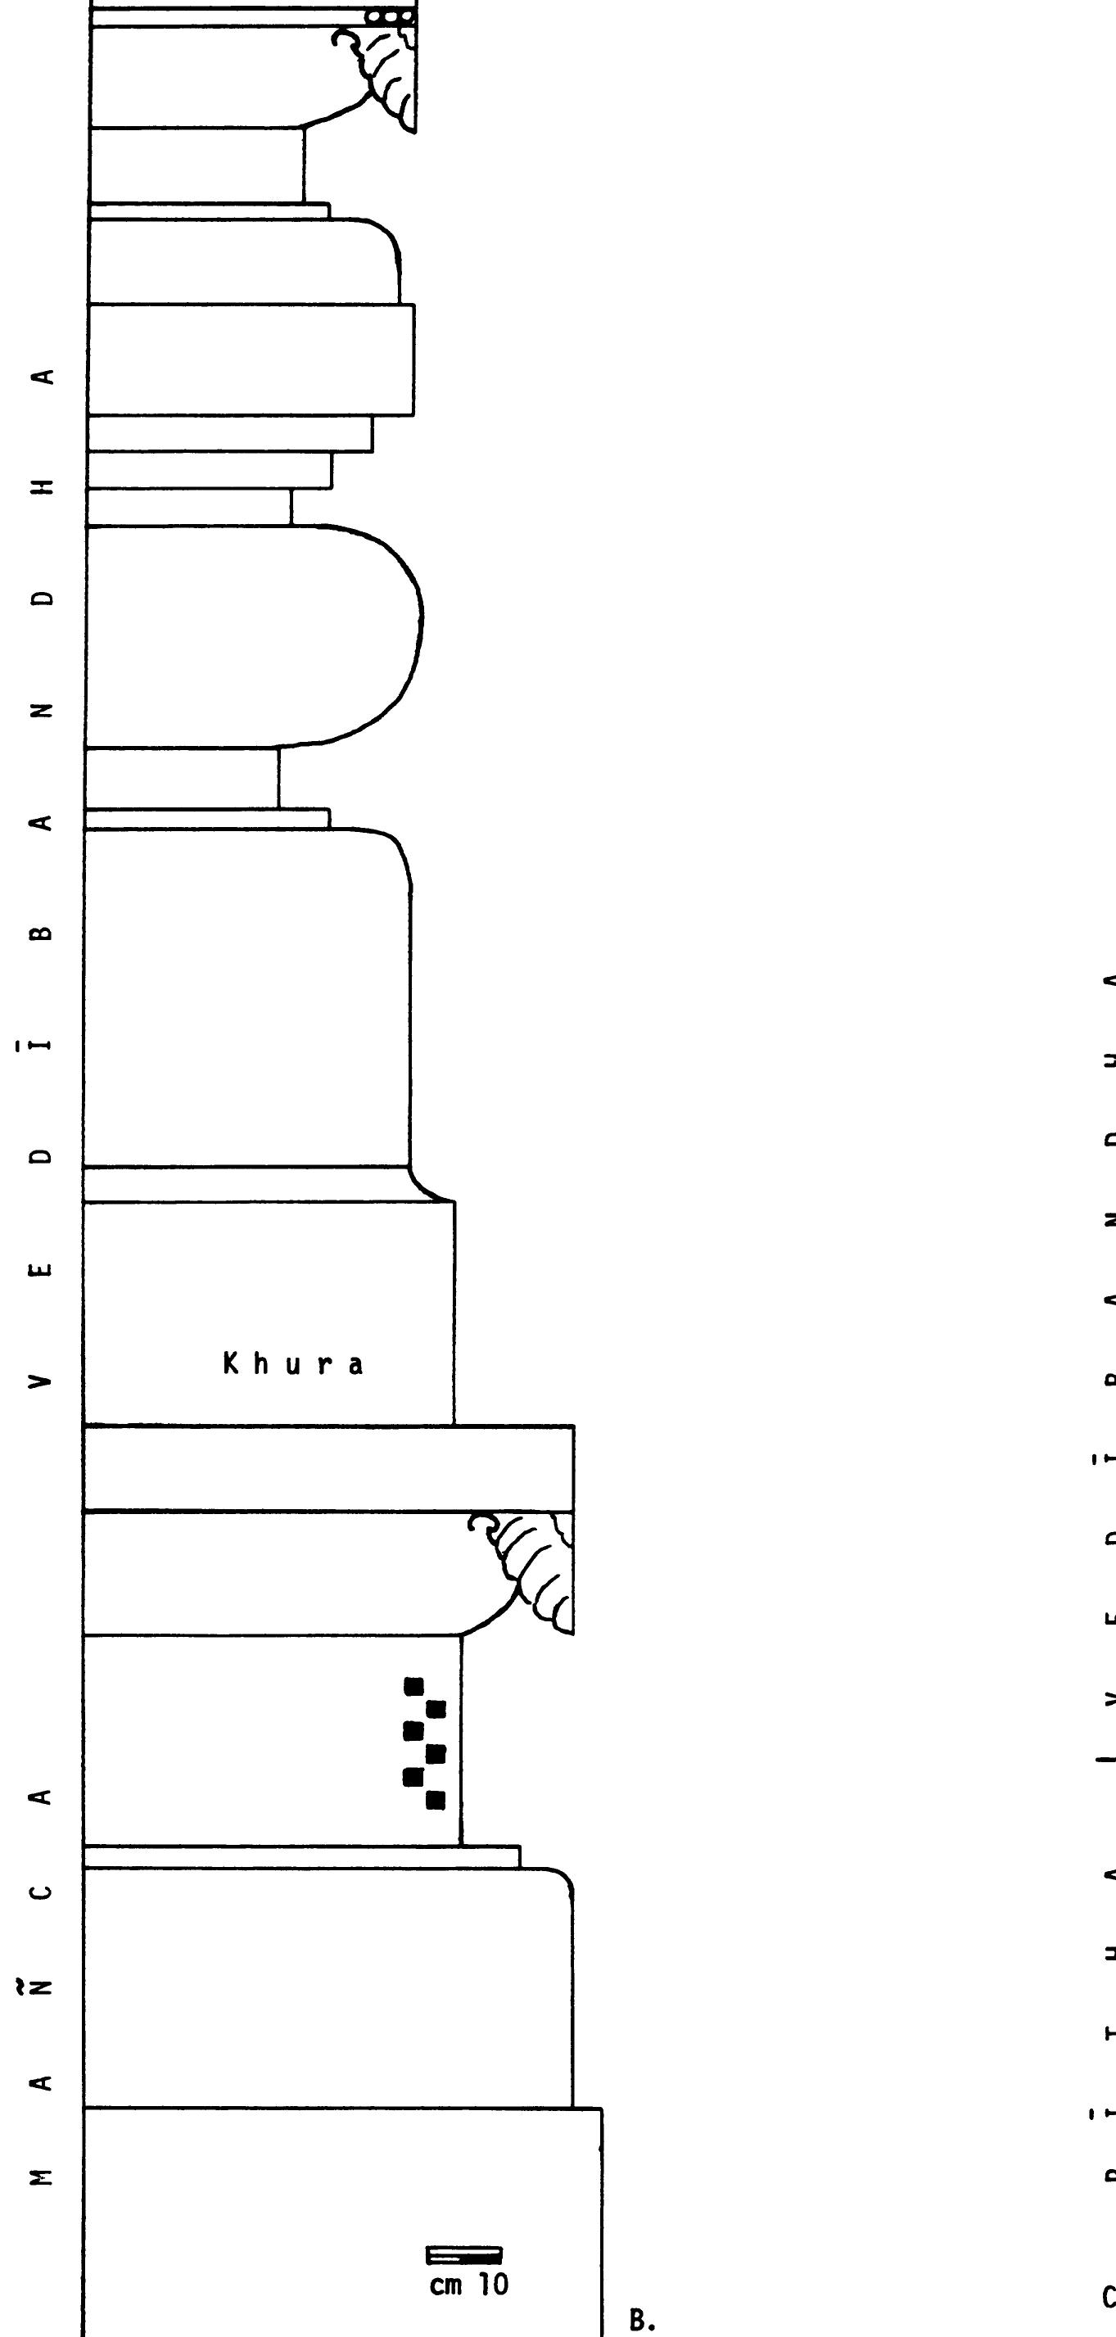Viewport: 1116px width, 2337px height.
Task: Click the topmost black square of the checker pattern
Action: point(414,1687)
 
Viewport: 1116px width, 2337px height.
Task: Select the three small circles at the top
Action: point(389,16)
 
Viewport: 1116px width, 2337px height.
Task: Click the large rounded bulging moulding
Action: point(254,635)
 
